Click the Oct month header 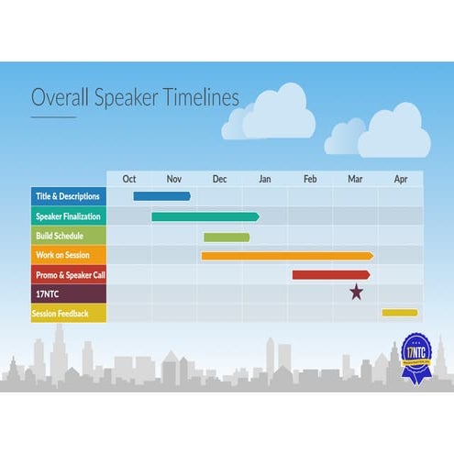pyautogui.click(x=129, y=179)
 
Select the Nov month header pyautogui.click(x=174, y=179)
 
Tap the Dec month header pyautogui.click(x=219, y=179)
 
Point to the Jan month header pyautogui.click(x=265, y=179)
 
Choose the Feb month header pyautogui.click(x=310, y=179)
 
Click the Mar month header pyautogui.click(x=355, y=179)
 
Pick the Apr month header pyautogui.click(x=400, y=179)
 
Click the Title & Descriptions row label pyautogui.click(x=69, y=196)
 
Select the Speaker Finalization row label pyautogui.click(x=69, y=216)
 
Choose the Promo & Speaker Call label pyautogui.click(x=69, y=274)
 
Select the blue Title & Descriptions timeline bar pyautogui.click(x=161, y=195)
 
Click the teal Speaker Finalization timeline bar pyautogui.click(x=205, y=216)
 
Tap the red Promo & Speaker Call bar pyautogui.click(x=331, y=274)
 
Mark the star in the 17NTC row pyautogui.click(x=356, y=293)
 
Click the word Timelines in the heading pyautogui.click(x=191, y=97)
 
